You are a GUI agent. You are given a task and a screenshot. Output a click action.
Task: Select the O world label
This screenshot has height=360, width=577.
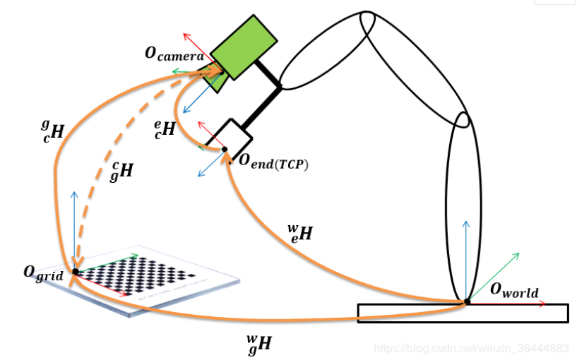pyautogui.click(x=514, y=291)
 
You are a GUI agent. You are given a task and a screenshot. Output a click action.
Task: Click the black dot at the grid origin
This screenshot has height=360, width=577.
pyautogui.click(x=76, y=272)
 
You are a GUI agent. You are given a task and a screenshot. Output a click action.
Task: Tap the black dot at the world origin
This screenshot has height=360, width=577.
pyautogui.click(x=467, y=302)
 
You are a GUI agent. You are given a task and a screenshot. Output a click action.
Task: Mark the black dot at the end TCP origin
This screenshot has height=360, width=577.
pyautogui.click(x=225, y=149)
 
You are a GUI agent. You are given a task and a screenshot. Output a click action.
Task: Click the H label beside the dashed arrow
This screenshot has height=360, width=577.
pyautogui.click(x=123, y=170)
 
